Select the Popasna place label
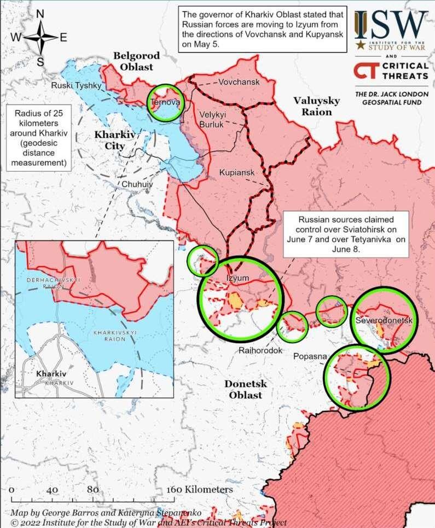click(310, 356)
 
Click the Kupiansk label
click(237, 173)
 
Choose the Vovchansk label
click(238, 82)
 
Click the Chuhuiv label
click(137, 184)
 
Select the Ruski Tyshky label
click(76, 85)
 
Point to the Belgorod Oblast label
click(137, 61)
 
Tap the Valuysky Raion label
click(316, 106)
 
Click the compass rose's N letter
click(40, 14)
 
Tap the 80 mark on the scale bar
click(92, 490)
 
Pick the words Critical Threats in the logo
click(404, 70)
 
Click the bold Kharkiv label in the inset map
click(51, 374)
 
